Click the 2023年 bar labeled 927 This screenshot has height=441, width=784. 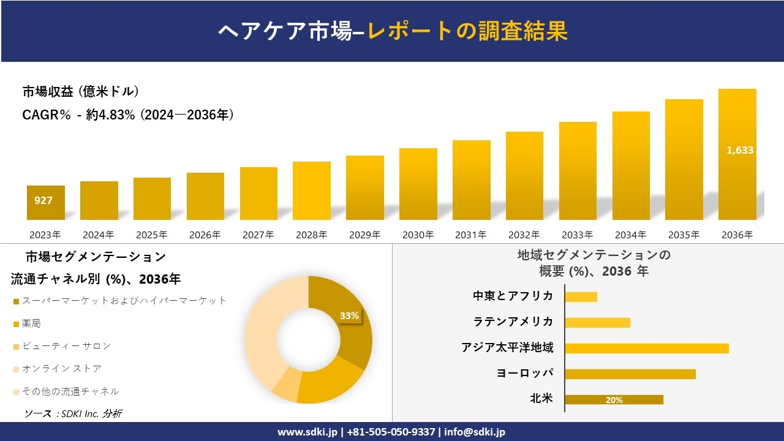[46, 202]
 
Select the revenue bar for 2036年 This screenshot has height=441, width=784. [737, 154]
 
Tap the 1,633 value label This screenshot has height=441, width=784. [740, 150]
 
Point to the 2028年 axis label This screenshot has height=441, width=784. [311, 235]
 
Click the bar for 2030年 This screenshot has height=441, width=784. [418, 184]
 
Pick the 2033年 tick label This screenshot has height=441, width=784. [577, 235]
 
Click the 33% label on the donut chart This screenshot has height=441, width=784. [349, 316]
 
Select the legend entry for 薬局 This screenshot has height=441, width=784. [31, 323]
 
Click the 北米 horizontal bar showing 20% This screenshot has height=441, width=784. [614, 400]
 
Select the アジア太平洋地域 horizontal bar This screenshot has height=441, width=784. [647, 349]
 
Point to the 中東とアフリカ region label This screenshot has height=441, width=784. [513, 296]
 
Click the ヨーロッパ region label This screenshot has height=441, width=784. [525, 374]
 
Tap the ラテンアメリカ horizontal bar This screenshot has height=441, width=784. [597, 323]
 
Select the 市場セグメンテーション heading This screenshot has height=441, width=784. [96, 257]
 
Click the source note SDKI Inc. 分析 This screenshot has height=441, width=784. [73, 413]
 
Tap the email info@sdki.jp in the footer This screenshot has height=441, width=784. [475, 432]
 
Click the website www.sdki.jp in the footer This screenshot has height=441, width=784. [308, 432]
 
